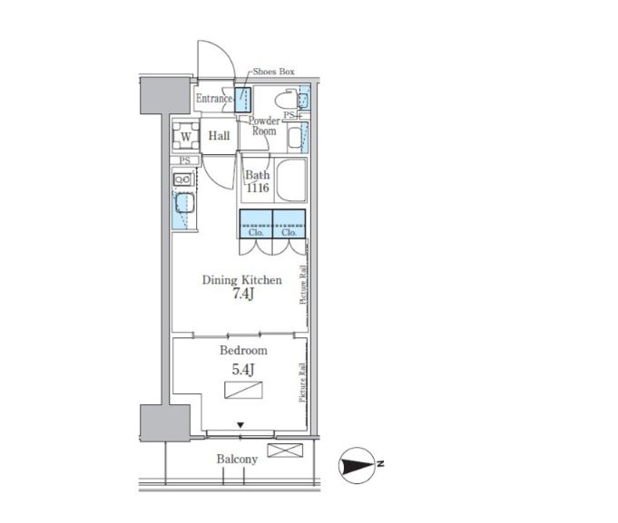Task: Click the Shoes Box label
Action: pyautogui.click(x=273, y=72)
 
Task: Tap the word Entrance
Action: pyautogui.click(x=214, y=99)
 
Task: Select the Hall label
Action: pyautogui.click(x=219, y=136)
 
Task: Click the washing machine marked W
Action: pyautogui.click(x=186, y=136)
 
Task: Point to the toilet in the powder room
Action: pyautogui.click(x=286, y=101)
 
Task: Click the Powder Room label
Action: pyautogui.click(x=264, y=126)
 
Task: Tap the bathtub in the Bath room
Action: pyautogui.click(x=291, y=179)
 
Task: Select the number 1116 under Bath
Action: pyautogui.click(x=258, y=188)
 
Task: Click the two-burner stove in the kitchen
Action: pyautogui.click(x=183, y=179)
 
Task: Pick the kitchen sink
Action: pyautogui.click(x=184, y=203)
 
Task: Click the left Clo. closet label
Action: pyautogui.click(x=256, y=233)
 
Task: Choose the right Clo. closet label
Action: pyautogui.click(x=289, y=233)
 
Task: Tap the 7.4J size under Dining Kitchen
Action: pyautogui.click(x=242, y=294)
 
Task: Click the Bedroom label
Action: pyautogui.click(x=243, y=350)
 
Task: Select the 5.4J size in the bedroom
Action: pyautogui.click(x=243, y=370)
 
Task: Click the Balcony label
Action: pyautogui.click(x=237, y=459)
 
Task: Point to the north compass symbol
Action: pyautogui.click(x=358, y=466)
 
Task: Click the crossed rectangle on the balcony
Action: pyautogui.click(x=285, y=450)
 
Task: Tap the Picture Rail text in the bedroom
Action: pyautogui.click(x=302, y=383)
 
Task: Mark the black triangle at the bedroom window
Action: pyautogui.click(x=240, y=425)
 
